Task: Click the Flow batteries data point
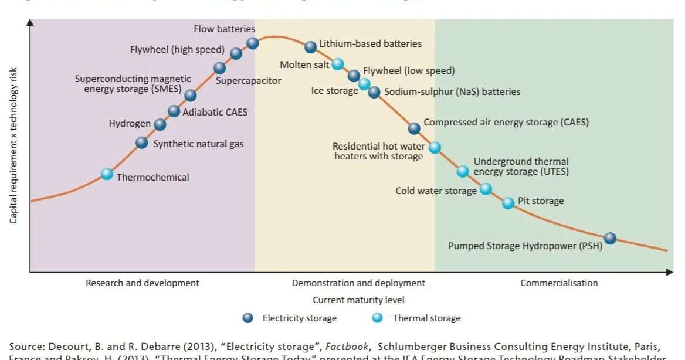point(253,43)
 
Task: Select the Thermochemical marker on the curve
point(107,174)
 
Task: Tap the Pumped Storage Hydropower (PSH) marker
point(611,238)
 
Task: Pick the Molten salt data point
point(338,64)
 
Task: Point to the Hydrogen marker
point(160,124)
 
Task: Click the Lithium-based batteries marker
point(311,47)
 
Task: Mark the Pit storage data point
point(508,203)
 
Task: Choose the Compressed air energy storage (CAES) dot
point(414,128)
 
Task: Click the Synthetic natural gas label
point(198,144)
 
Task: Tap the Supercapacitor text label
point(249,80)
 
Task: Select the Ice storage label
point(334,91)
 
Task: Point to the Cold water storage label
point(436,191)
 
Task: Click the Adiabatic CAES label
point(215,111)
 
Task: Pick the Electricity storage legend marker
point(248,318)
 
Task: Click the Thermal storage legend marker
point(378,318)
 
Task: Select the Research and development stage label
point(143,283)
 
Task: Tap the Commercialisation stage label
point(559,283)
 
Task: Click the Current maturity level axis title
point(358,300)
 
